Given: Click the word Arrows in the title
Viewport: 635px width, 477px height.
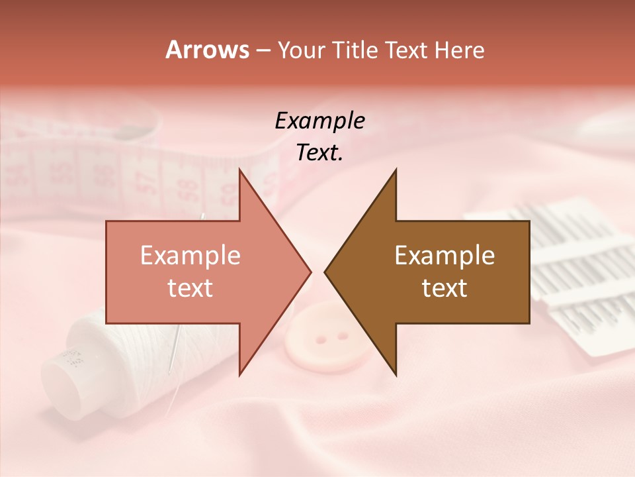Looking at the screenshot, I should (x=206, y=50).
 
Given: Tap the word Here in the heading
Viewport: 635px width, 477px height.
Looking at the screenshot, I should (x=459, y=50).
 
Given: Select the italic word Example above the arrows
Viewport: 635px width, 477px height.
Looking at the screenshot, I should (x=319, y=121).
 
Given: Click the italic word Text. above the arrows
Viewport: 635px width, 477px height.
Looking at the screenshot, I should (x=319, y=153).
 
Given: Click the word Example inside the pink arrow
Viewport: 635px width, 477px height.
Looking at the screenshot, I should (x=190, y=255).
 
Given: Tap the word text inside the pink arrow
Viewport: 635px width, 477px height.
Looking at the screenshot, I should (x=190, y=288).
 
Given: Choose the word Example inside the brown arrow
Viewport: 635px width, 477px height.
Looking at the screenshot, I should (x=444, y=255).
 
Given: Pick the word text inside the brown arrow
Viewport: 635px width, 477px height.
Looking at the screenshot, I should (x=444, y=288).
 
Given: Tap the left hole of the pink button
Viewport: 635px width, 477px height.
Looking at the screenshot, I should (x=321, y=339).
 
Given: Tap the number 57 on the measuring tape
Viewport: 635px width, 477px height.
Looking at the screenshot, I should (x=148, y=180).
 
